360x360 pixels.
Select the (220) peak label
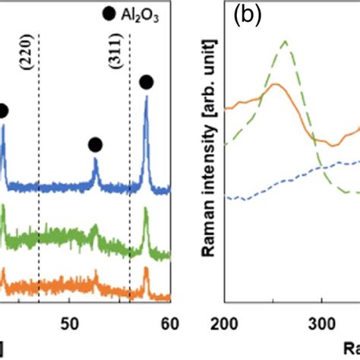tap(28, 75)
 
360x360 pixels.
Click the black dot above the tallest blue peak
tap(146, 82)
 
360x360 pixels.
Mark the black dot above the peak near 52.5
tap(95, 144)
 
